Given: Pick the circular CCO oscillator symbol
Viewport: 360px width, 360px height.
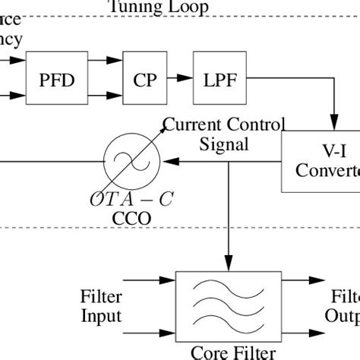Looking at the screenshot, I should click(132, 161).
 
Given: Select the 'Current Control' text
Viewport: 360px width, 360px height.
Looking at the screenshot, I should click(225, 125).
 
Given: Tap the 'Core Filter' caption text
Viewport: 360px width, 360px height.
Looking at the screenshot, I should click(229, 352).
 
